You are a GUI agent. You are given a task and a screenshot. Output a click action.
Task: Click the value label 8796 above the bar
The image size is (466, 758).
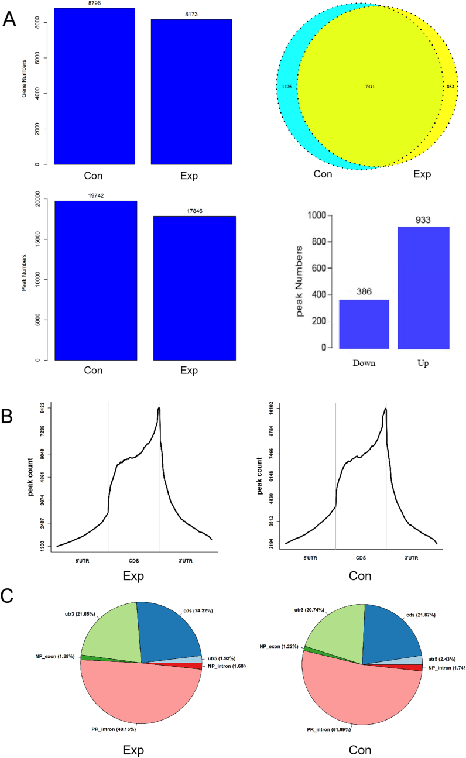point(94,4)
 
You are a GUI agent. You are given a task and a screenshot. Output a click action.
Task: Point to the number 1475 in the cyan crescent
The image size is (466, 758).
point(287,87)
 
